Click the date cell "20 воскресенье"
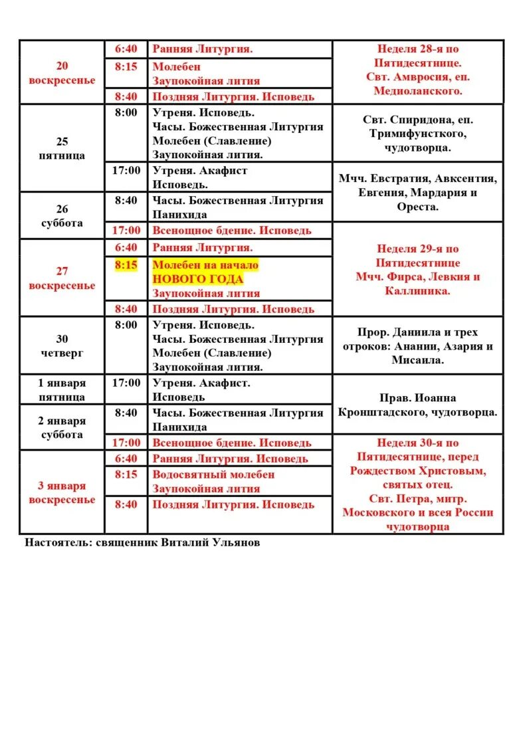click(62, 73)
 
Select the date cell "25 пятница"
click(62, 148)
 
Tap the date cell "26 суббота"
click(62, 216)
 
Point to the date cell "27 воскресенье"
click(62, 278)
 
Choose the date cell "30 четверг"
click(62, 346)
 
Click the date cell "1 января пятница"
click(62, 389)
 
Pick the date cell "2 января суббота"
click(62, 427)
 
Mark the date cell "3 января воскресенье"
click(62, 492)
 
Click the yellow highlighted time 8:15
click(126, 265)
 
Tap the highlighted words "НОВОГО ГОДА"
click(197, 279)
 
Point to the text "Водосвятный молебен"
click(213, 474)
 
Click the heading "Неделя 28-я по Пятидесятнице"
click(418, 56)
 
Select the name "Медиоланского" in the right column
click(418, 91)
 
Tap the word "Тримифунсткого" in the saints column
click(418, 134)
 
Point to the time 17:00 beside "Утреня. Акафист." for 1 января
click(126, 383)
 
